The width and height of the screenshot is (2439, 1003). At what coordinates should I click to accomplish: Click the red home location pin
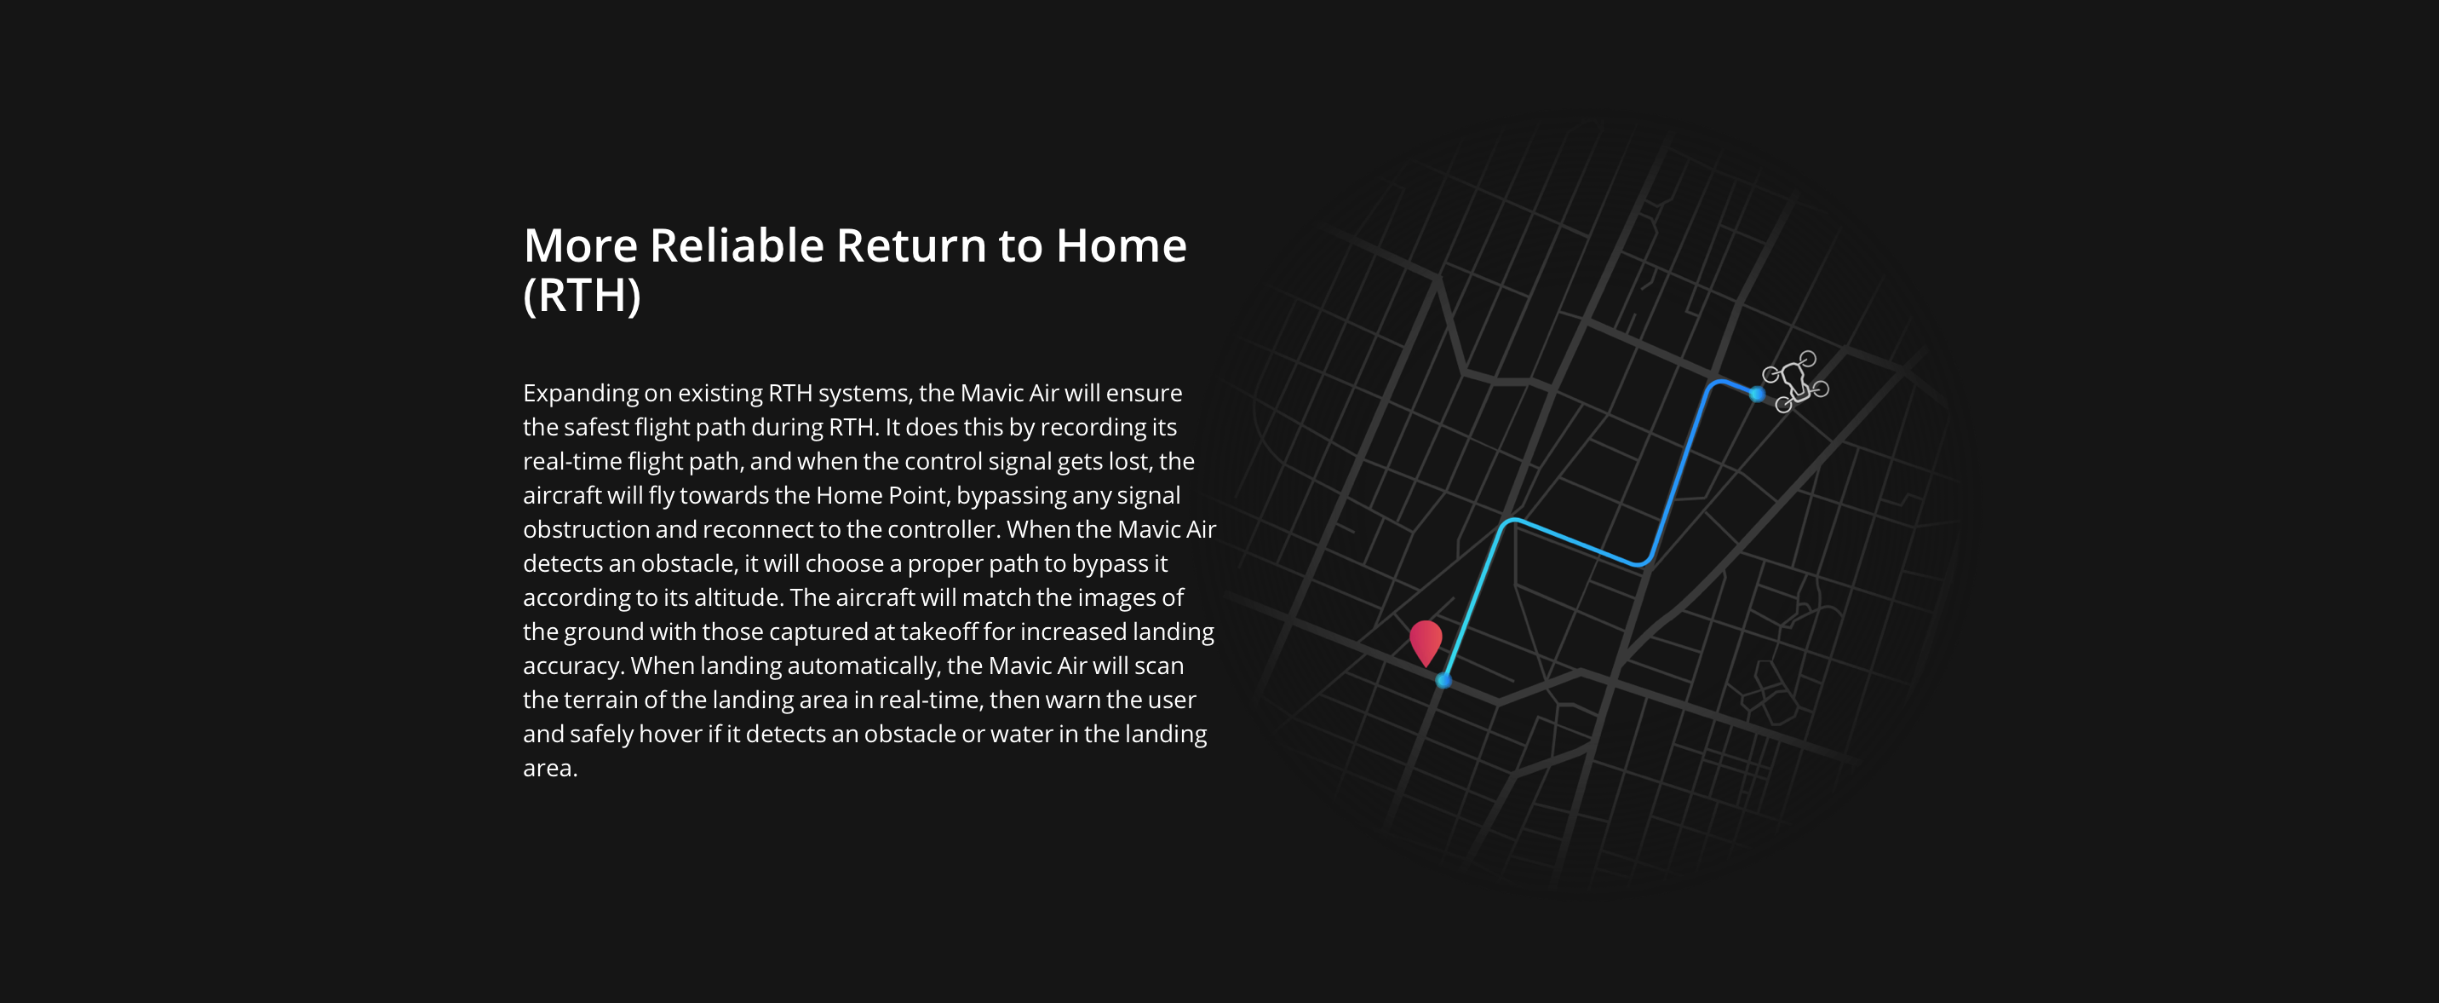coord(1425,641)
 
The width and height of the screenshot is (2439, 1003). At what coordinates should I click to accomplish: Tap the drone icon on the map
coord(1794,381)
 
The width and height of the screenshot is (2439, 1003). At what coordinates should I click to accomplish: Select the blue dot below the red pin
coord(1443,680)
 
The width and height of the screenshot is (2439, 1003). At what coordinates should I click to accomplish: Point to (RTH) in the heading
coord(582,295)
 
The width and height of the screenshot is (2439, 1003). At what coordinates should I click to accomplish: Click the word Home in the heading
coord(1121,245)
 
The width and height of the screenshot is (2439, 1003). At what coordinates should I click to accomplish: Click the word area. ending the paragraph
coord(550,768)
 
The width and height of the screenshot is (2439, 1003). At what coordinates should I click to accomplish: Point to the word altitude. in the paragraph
coord(738,597)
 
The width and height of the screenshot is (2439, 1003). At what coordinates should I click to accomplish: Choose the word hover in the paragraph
coord(670,734)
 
